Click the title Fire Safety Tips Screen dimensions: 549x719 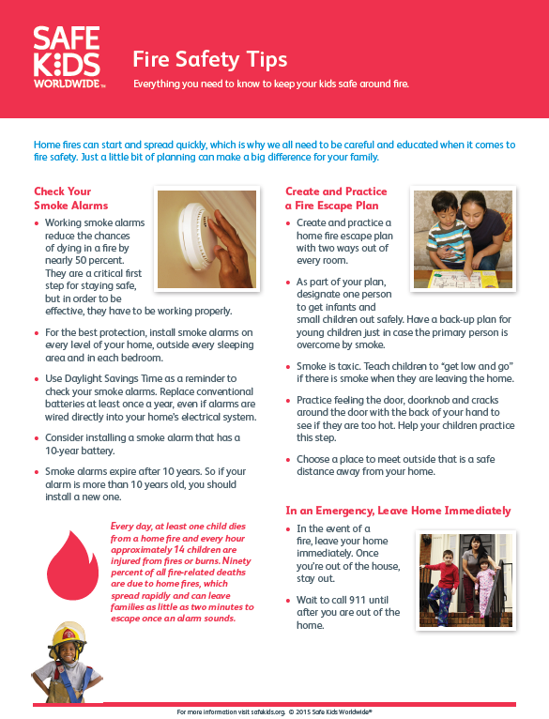[x=210, y=60]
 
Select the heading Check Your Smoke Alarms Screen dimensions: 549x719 [x=71, y=198]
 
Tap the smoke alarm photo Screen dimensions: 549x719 [x=206, y=239]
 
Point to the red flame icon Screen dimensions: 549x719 [x=73, y=565]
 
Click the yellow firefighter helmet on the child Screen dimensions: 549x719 [x=69, y=635]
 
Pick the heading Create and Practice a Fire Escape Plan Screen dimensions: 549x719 [x=336, y=198]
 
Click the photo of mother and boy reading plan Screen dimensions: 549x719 [x=463, y=239]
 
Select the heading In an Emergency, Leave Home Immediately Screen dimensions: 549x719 [x=398, y=511]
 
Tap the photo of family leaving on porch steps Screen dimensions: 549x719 [x=465, y=580]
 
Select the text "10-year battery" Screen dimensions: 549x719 [x=80, y=451]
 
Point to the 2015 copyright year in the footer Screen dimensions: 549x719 [x=303, y=712]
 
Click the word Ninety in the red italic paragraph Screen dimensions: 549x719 [x=236, y=560]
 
